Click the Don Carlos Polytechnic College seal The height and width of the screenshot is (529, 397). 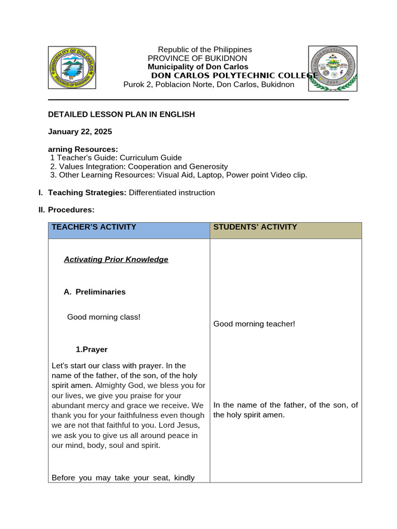click(x=332, y=68)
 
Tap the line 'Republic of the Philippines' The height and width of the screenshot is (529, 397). click(x=205, y=50)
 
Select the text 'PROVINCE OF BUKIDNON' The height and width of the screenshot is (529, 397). click(x=197, y=58)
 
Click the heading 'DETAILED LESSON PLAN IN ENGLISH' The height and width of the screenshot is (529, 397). click(x=121, y=114)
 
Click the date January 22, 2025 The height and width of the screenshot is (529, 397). click(x=80, y=132)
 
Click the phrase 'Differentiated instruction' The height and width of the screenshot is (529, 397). click(x=172, y=193)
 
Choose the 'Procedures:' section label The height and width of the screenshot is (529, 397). click(x=71, y=210)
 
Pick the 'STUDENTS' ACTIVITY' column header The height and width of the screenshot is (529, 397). click(x=255, y=227)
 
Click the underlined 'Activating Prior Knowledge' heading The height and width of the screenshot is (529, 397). click(x=116, y=259)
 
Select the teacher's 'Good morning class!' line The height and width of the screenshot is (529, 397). click(x=104, y=317)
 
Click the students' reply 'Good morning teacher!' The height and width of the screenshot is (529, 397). click(x=254, y=324)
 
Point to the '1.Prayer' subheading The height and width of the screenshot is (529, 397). click(x=91, y=349)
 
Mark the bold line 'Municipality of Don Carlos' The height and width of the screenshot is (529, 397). click(x=198, y=67)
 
